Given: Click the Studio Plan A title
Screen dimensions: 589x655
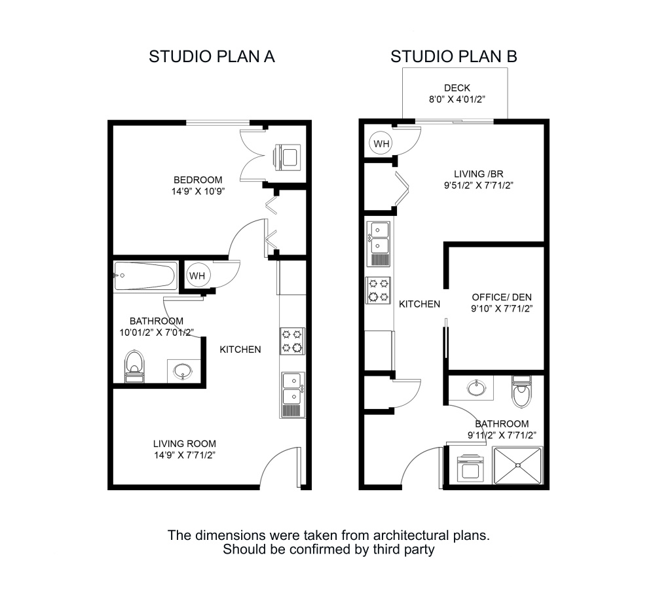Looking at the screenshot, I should point(212,56).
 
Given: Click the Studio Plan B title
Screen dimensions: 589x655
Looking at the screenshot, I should point(454,56).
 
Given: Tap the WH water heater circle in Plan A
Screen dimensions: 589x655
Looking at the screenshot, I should point(197,276).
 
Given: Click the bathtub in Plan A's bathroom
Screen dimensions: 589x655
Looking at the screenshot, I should point(145,276).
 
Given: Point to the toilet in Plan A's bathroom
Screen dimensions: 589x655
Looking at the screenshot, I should point(135,365).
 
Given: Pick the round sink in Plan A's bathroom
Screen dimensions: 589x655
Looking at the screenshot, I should point(181,371).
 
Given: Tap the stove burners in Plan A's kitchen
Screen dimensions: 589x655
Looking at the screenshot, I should point(292,341).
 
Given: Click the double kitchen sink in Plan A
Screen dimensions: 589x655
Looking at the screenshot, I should point(291,389).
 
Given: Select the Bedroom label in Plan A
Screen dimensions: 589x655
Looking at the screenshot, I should point(198,180).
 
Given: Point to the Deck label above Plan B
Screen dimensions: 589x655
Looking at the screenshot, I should point(457,88).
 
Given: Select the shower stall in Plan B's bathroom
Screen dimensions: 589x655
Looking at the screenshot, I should point(519,465).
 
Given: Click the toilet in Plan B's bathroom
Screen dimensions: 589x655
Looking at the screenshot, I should point(521,392).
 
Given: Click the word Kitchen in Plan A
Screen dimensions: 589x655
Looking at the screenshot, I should point(240,349).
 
